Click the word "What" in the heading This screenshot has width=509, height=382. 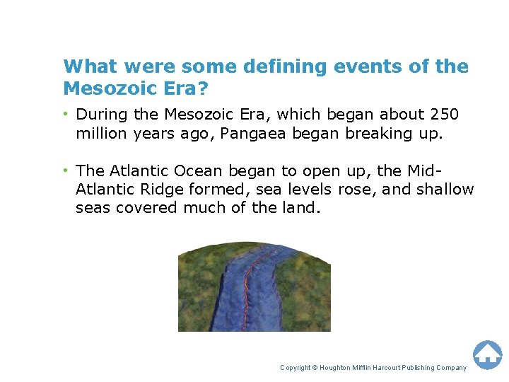84,66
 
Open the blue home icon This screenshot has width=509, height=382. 487,354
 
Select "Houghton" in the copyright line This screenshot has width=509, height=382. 339,368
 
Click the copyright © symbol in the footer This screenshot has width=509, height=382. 315,368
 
